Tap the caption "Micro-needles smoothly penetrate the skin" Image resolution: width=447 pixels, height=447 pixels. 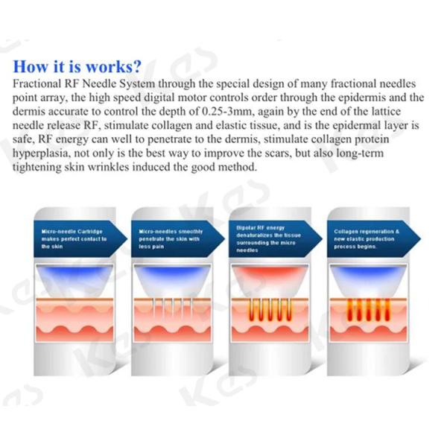[170, 239]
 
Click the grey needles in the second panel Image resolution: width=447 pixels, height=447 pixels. [171, 306]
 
